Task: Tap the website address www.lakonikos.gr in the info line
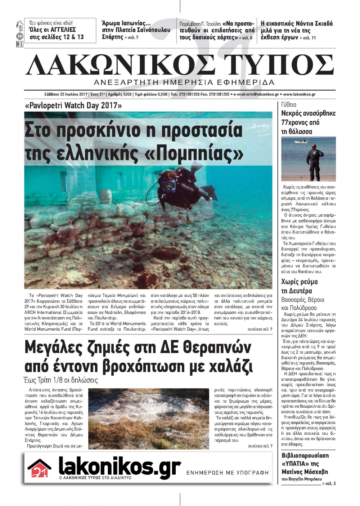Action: click(x=299, y=94)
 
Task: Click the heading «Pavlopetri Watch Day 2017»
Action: click(x=73, y=106)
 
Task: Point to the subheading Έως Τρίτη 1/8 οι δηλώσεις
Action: click(x=61, y=380)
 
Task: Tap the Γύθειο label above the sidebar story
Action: click(x=289, y=104)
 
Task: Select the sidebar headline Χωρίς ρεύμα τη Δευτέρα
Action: click(x=299, y=286)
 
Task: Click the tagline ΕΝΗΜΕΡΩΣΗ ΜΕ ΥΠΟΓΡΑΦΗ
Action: click(x=228, y=473)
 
